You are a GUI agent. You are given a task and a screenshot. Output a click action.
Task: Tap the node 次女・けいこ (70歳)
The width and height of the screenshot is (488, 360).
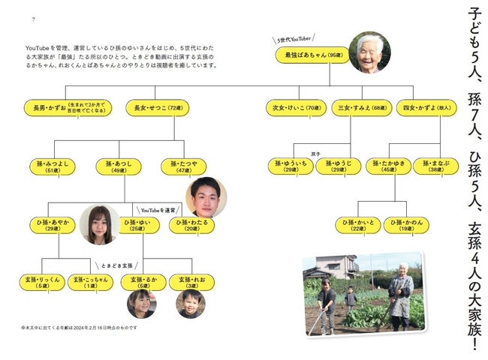295,108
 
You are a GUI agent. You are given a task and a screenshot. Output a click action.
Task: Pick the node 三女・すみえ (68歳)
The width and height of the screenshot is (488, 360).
357,108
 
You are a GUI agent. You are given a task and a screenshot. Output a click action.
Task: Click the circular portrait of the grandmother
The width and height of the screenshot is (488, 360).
369,52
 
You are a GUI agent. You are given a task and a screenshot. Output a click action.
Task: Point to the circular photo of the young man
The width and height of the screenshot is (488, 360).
206,197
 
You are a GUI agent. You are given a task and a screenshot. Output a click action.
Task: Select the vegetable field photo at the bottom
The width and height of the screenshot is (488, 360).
363,292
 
